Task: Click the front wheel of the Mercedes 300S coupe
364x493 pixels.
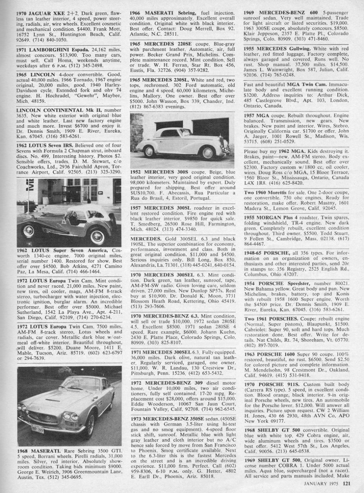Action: pyautogui.click(x=208, y=152)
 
